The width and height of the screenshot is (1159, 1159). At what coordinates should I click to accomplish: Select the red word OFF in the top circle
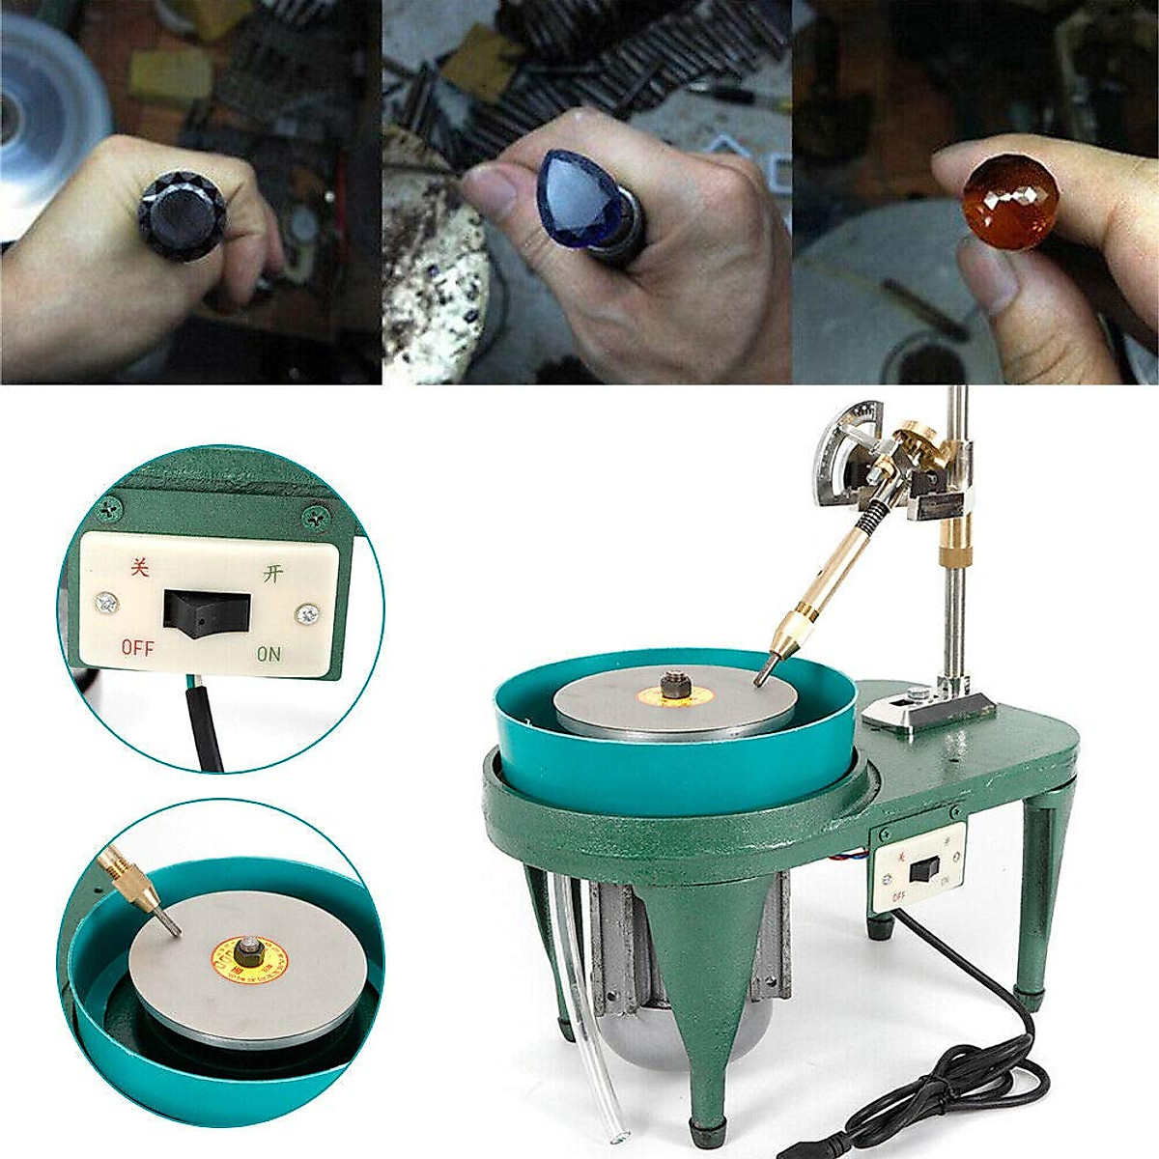tap(138, 648)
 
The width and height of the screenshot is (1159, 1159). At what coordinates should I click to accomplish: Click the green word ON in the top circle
tap(269, 654)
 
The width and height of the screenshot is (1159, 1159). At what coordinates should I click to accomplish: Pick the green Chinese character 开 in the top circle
tap(272, 573)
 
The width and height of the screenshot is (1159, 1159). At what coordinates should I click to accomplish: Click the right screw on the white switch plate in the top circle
tap(308, 613)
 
